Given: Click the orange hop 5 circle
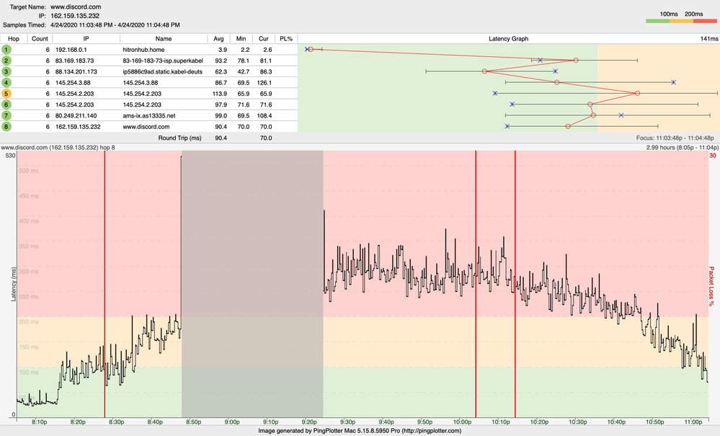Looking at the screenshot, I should pos(6,94).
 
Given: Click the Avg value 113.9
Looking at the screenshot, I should pos(220,94).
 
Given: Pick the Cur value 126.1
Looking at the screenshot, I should pos(266,83).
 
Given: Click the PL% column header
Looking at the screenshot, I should pos(286,38).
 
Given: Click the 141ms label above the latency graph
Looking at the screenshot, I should pos(709,38).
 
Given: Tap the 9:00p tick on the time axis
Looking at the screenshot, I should pos(232,422).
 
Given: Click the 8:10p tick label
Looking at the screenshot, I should pos(40,422).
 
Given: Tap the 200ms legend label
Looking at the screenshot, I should pos(693,14).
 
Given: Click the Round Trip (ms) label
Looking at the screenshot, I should pos(179,138).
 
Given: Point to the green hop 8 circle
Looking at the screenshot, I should pos(6,126).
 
